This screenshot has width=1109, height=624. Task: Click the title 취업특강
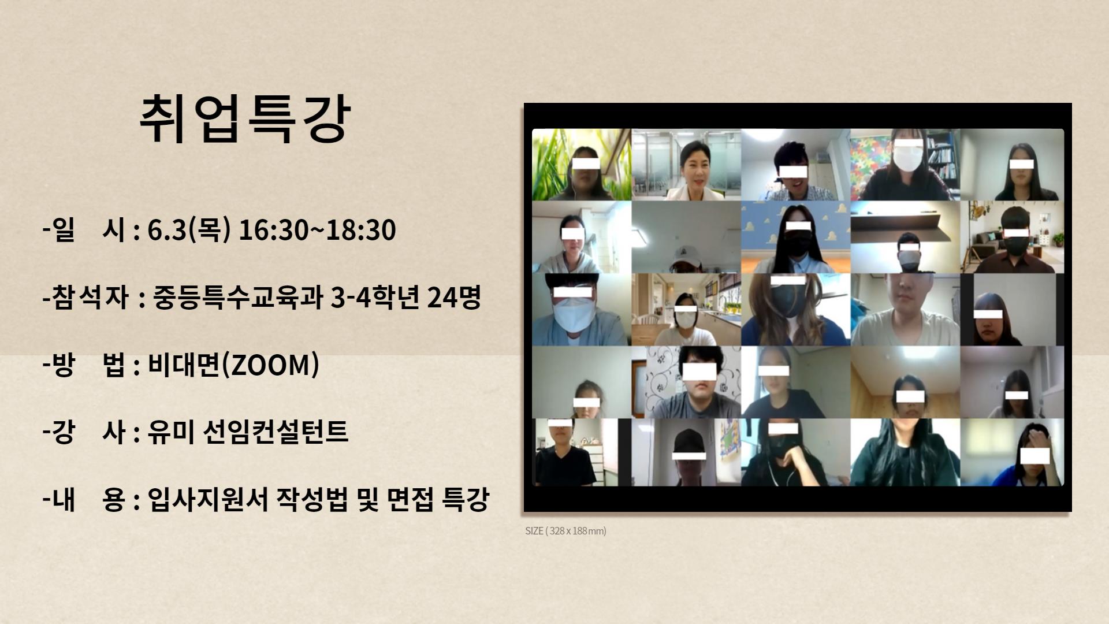click(x=245, y=120)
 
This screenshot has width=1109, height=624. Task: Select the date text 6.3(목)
click(x=189, y=230)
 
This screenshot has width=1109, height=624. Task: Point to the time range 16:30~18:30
click(x=317, y=230)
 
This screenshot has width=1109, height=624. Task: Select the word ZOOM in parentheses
click(x=270, y=365)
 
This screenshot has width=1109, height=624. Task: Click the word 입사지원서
click(x=208, y=499)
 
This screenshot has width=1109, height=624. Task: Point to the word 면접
click(x=410, y=499)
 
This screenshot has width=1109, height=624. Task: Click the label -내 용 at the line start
click(x=84, y=499)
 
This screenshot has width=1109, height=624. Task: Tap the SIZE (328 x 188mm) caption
click(x=565, y=531)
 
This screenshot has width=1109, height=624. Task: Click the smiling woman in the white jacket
click(x=695, y=169)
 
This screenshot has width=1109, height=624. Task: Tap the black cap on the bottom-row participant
click(x=689, y=442)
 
